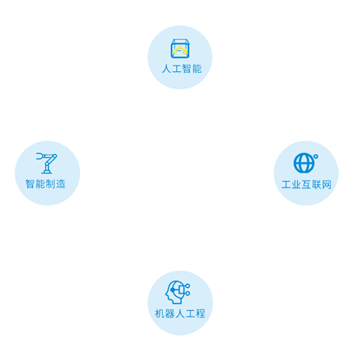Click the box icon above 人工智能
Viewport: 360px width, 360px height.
pos(180,48)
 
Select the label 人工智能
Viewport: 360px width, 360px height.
pos(182,69)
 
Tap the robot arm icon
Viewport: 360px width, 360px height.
pos(47,163)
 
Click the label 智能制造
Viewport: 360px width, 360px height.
pos(45,184)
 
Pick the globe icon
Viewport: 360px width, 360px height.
pos(304,163)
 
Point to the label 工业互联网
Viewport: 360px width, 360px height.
pos(307,185)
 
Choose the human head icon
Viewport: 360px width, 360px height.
pos(178,292)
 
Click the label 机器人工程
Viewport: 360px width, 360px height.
pos(180,313)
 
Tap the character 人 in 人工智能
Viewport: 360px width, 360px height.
pos(166,69)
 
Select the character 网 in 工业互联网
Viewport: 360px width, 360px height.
pos(326,185)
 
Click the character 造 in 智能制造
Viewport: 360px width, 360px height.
pos(61,184)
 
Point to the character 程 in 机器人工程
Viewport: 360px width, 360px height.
pos(200,313)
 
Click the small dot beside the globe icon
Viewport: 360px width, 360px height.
pos(316,156)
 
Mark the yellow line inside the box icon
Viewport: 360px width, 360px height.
pos(180,50)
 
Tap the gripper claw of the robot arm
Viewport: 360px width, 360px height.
pos(39,155)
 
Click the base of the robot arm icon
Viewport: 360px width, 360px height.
pos(47,172)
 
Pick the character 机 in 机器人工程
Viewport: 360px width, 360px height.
pos(160,313)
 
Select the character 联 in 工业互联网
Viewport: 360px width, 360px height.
pos(317,185)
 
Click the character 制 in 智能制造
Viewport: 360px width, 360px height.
pos(51,184)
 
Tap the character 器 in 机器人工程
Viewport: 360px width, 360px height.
pos(169,313)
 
